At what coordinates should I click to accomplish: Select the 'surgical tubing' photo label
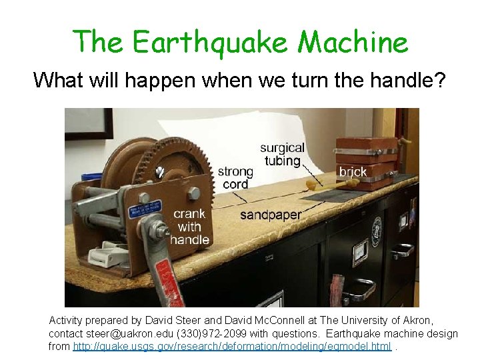[282, 153]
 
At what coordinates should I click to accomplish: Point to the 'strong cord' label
[235, 178]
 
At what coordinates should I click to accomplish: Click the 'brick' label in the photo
[353, 172]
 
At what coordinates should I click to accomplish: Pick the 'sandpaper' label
[271, 215]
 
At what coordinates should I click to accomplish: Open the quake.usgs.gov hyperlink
[231, 347]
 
